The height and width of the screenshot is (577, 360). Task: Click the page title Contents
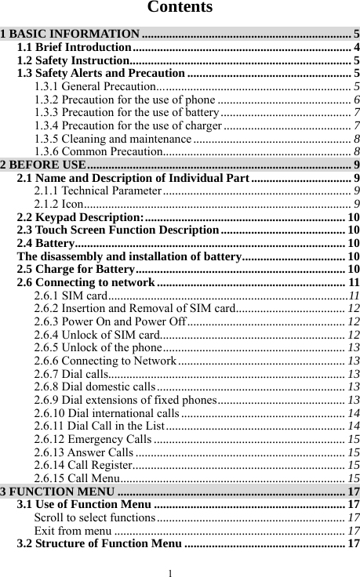pos(180,9)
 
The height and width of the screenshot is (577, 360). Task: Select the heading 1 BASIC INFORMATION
pos(71,34)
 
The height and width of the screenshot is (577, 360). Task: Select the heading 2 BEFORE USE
pos(43,164)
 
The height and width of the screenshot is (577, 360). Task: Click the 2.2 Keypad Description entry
pos(80,216)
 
